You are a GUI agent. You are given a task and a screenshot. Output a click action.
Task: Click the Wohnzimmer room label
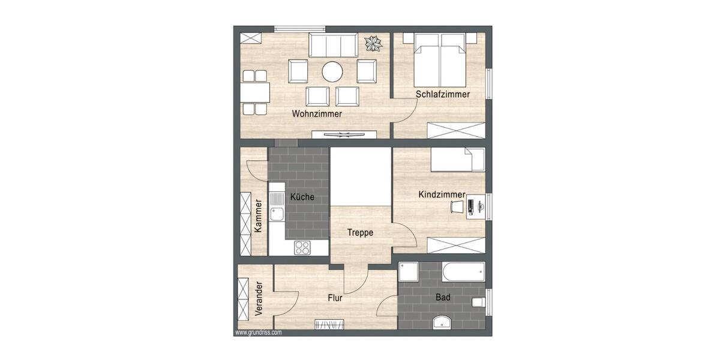pos(317,113)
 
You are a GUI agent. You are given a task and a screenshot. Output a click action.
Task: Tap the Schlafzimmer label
pos(443,95)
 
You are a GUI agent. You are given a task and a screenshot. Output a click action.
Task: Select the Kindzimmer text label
pos(442,194)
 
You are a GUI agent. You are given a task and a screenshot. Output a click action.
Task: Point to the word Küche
pos(302,197)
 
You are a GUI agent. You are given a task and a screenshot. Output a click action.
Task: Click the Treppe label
pos(360,233)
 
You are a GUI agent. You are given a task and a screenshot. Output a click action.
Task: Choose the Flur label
pos(335,298)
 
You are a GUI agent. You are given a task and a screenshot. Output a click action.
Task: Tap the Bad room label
pos(443,297)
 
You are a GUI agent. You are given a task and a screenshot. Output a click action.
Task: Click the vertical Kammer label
pos(258,215)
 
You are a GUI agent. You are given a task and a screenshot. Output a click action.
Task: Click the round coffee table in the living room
pos(332,72)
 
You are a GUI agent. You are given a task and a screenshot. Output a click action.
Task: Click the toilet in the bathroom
pos(478,302)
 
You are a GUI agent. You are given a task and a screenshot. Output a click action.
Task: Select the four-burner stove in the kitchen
pos(302,247)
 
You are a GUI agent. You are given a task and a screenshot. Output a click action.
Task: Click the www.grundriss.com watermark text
pos(258,332)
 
